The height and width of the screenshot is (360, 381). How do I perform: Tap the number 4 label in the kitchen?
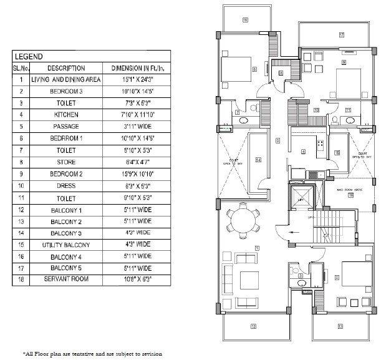pos(303,152)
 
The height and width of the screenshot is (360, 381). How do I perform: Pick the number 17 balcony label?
pos(342,35)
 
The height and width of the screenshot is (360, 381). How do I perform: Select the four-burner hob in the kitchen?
pos(321,145)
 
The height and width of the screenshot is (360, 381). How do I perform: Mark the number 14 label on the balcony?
pos(257,160)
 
